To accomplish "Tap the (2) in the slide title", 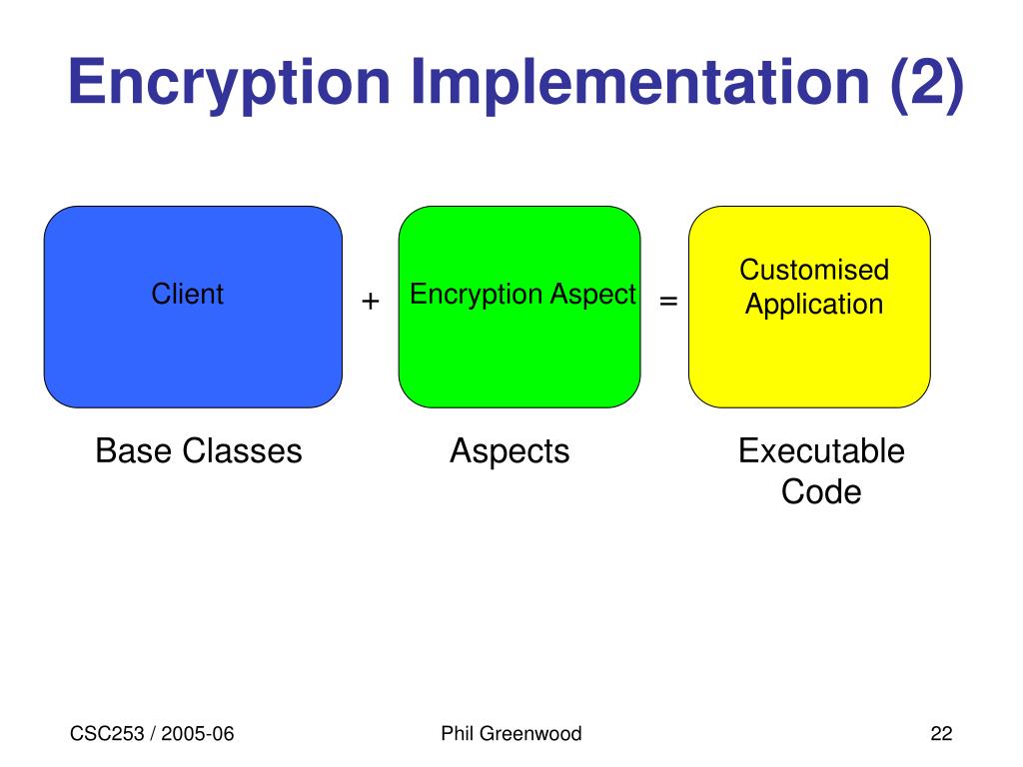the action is coord(924,84).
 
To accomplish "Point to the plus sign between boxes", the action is coord(371,302).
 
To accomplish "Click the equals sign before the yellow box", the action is coord(668,301).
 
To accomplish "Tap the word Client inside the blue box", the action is coord(187,295).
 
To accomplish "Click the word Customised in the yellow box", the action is coord(814,270).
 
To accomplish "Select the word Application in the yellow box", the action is coord(814,305).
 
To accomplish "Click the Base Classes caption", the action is coord(198,451).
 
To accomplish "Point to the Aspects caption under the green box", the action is coord(510,452).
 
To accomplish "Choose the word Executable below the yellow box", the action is coord(821,451).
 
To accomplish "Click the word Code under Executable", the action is coord(821,491).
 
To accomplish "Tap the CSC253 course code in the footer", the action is coord(105,735).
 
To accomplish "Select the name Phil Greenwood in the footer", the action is coord(511,735).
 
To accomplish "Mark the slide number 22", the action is coord(941,735).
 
